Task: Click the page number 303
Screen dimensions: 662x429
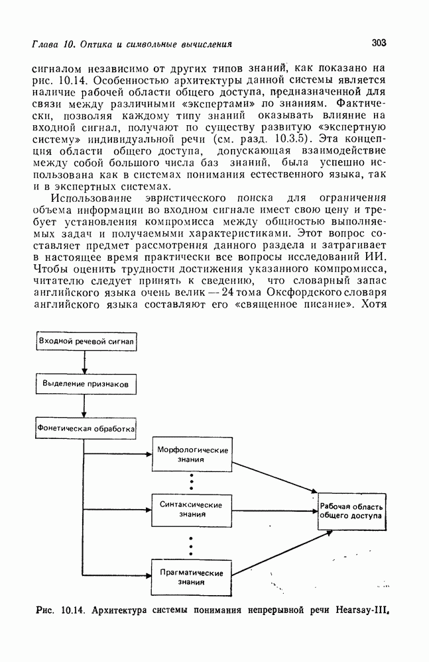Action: pyautogui.click(x=379, y=44)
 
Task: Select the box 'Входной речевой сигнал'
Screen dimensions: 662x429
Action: pyautogui.click(x=86, y=341)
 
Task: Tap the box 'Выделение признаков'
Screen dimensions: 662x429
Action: pyautogui.click(x=86, y=383)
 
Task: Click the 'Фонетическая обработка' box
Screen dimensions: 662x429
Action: pyautogui.click(x=86, y=428)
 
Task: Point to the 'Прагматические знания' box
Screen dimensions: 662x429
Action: pyautogui.click(x=192, y=577)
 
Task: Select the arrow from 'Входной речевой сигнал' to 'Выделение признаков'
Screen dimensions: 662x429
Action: pyautogui.click(x=85, y=362)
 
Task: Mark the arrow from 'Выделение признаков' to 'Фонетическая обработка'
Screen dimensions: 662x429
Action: pyautogui.click(x=85, y=406)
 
